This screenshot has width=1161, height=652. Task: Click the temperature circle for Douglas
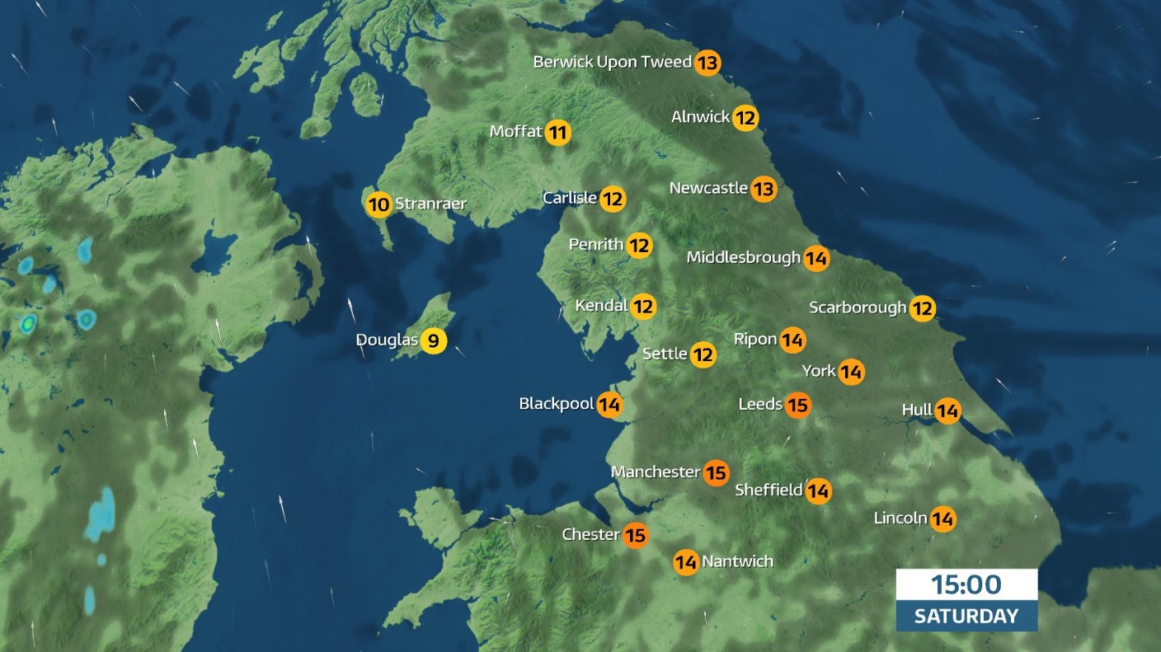pos(434,340)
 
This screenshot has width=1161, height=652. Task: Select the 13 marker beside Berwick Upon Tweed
pos(707,63)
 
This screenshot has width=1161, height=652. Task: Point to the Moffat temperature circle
pos(558,132)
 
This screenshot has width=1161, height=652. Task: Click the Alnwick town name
pos(700,117)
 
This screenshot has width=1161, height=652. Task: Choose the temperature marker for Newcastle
pos(764,189)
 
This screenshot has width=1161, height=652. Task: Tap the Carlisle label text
pos(570,198)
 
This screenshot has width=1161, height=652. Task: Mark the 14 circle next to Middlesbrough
pos(816,258)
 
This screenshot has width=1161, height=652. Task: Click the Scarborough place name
pos(858,307)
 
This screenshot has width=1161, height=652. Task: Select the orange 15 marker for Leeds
pos(797,405)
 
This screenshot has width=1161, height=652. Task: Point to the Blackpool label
pos(557,404)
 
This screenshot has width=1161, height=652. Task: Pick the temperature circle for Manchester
pos(717,472)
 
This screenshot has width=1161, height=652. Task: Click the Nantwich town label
pos(737,562)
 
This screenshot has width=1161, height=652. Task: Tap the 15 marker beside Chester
pos(635,535)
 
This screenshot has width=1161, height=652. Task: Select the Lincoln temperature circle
pos(942,519)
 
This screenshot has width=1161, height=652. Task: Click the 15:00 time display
pos(966,585)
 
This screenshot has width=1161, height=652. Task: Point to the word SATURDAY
pos(966,616)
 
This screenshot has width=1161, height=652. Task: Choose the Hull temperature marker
pos(947,410)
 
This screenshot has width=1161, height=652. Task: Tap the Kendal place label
pos(601,306)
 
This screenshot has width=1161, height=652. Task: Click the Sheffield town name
pos(769,490)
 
